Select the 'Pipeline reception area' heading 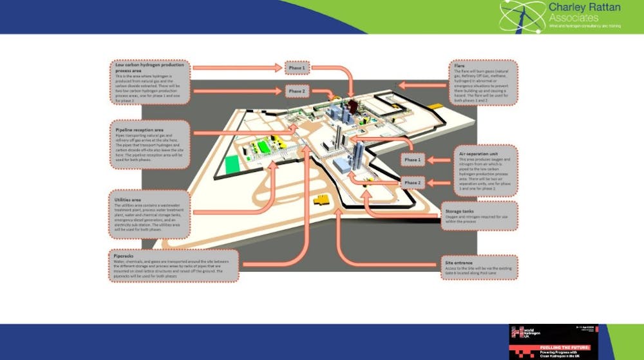tap(136, 130)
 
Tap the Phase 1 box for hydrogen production tap(297, 68)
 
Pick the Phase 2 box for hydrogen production tap(297, 91)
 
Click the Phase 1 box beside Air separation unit tap(412, 159)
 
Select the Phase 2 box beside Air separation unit tap(412, 182)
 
